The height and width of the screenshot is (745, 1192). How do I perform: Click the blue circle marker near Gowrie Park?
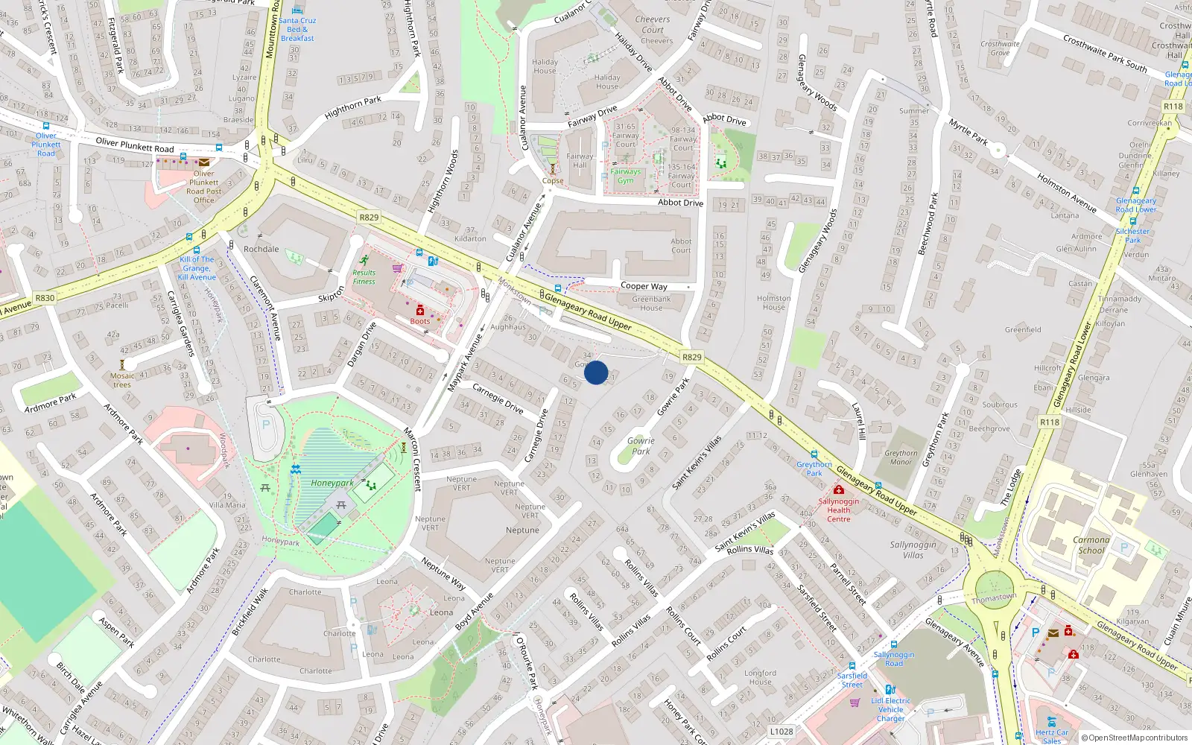596,372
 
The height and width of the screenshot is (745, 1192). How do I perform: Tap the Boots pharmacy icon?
420,310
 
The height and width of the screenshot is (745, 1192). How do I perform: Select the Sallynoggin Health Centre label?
839,510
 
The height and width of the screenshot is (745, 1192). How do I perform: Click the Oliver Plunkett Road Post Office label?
204,187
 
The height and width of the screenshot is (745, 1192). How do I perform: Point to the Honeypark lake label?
332,483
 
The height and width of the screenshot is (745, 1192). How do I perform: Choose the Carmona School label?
1091,545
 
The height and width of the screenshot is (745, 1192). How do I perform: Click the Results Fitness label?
364,277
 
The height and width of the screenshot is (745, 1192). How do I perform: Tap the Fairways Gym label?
626,176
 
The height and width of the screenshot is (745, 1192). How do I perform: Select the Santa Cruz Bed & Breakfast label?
297,30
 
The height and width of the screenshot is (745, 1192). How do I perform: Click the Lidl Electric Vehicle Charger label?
891,709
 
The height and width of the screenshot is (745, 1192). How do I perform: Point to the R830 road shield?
45,297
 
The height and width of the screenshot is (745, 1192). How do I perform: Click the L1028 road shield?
782,732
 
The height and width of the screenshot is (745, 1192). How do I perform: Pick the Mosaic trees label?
122,380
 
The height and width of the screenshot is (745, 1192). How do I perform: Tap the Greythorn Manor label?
901,457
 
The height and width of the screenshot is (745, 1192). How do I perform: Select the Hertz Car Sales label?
1052,736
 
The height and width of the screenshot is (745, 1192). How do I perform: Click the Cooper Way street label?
644,286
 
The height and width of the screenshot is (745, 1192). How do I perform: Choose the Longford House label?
760,677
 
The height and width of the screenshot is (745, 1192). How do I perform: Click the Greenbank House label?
651,303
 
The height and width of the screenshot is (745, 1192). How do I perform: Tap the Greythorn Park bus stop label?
814,469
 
